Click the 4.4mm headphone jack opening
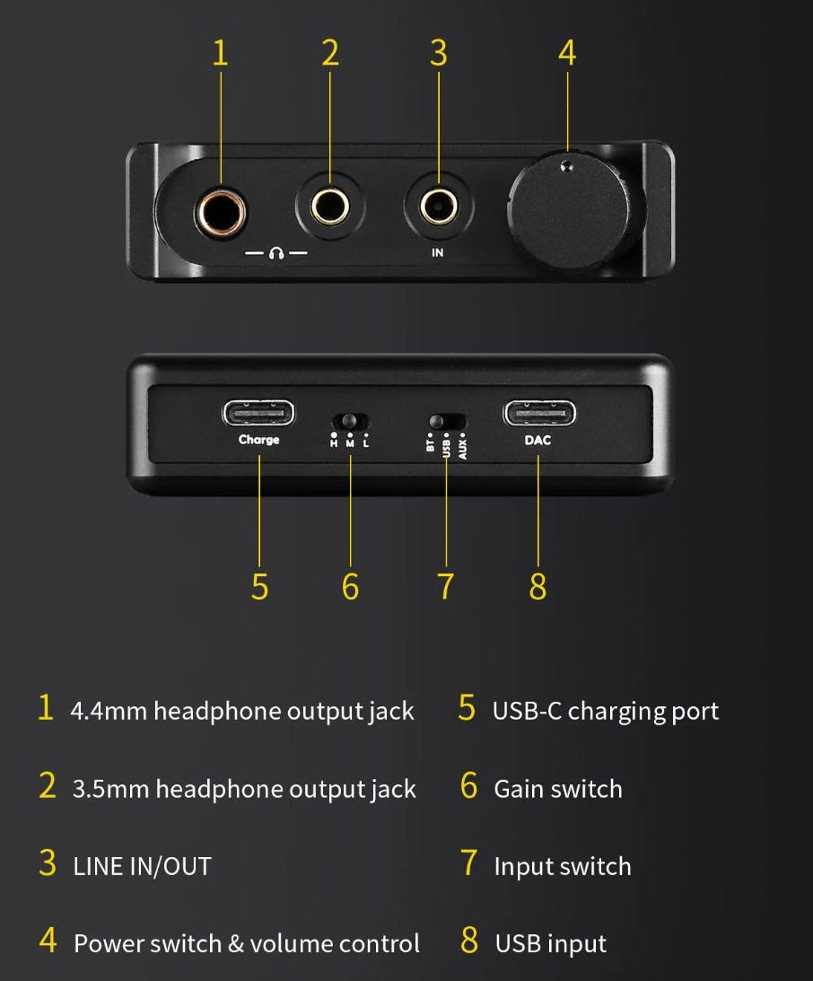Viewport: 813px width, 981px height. [x=220, y=213]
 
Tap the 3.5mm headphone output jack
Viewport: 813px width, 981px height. [x=330, y=206]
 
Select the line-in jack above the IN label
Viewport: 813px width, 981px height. [x=438, y=206]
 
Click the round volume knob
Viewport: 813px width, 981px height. [x=569, y=210]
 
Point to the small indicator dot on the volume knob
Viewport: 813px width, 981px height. [x=566, y=166]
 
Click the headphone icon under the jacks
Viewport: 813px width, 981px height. [x=276, y=253]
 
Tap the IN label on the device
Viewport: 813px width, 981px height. [x=437, y=253]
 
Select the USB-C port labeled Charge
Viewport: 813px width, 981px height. [x=258, y=414]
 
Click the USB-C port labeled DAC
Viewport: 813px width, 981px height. [x=539, y=414]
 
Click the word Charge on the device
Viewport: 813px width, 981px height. [x=259, y=440]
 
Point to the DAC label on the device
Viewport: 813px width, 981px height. [x=538, y=441]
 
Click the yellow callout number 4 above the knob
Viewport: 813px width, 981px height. [x=567, y=53]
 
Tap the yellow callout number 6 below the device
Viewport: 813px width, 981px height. [x=350, y=587]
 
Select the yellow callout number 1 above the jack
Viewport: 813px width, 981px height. [x=220, y=53]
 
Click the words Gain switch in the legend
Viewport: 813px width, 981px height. [x=558, y=790]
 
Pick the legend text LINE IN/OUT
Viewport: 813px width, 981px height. [x=143, y=867]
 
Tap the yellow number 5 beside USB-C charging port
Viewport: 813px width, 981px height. [x=467, y=708]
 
